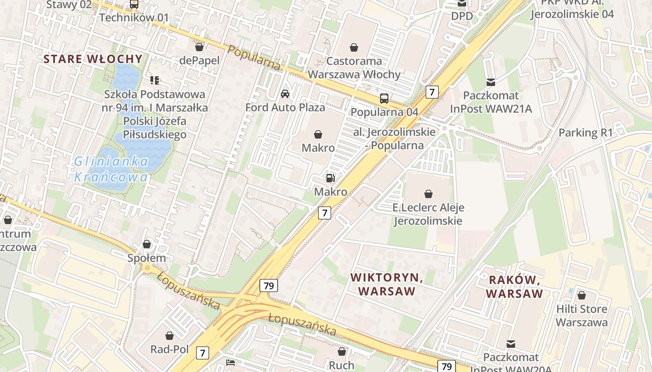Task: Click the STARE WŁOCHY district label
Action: pos(93,59)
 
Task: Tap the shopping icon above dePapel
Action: pos(199,47)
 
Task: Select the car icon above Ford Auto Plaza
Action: pos(285,94)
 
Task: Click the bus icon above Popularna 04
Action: pos(384,98)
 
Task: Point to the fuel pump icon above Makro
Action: pos(330,178)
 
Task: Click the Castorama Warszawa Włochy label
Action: pos(354,67)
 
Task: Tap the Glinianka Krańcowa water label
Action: pos(111,169)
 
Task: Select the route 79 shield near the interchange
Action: pos(269,286)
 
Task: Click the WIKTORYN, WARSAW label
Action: pos(387,285)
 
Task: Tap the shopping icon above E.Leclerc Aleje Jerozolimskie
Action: pos(428,193)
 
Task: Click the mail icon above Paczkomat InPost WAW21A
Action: pos(490,82)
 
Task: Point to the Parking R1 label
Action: pos(585,133)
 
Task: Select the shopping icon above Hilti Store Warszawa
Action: pos(581,295)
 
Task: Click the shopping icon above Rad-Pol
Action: pos(170,335)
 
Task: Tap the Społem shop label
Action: pos(147,258)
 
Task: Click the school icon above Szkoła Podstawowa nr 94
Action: pos(155,80)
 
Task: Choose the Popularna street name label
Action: pos(254,59)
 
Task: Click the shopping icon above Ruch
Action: pos(342,352)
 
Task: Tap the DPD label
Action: pos(462,16)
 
